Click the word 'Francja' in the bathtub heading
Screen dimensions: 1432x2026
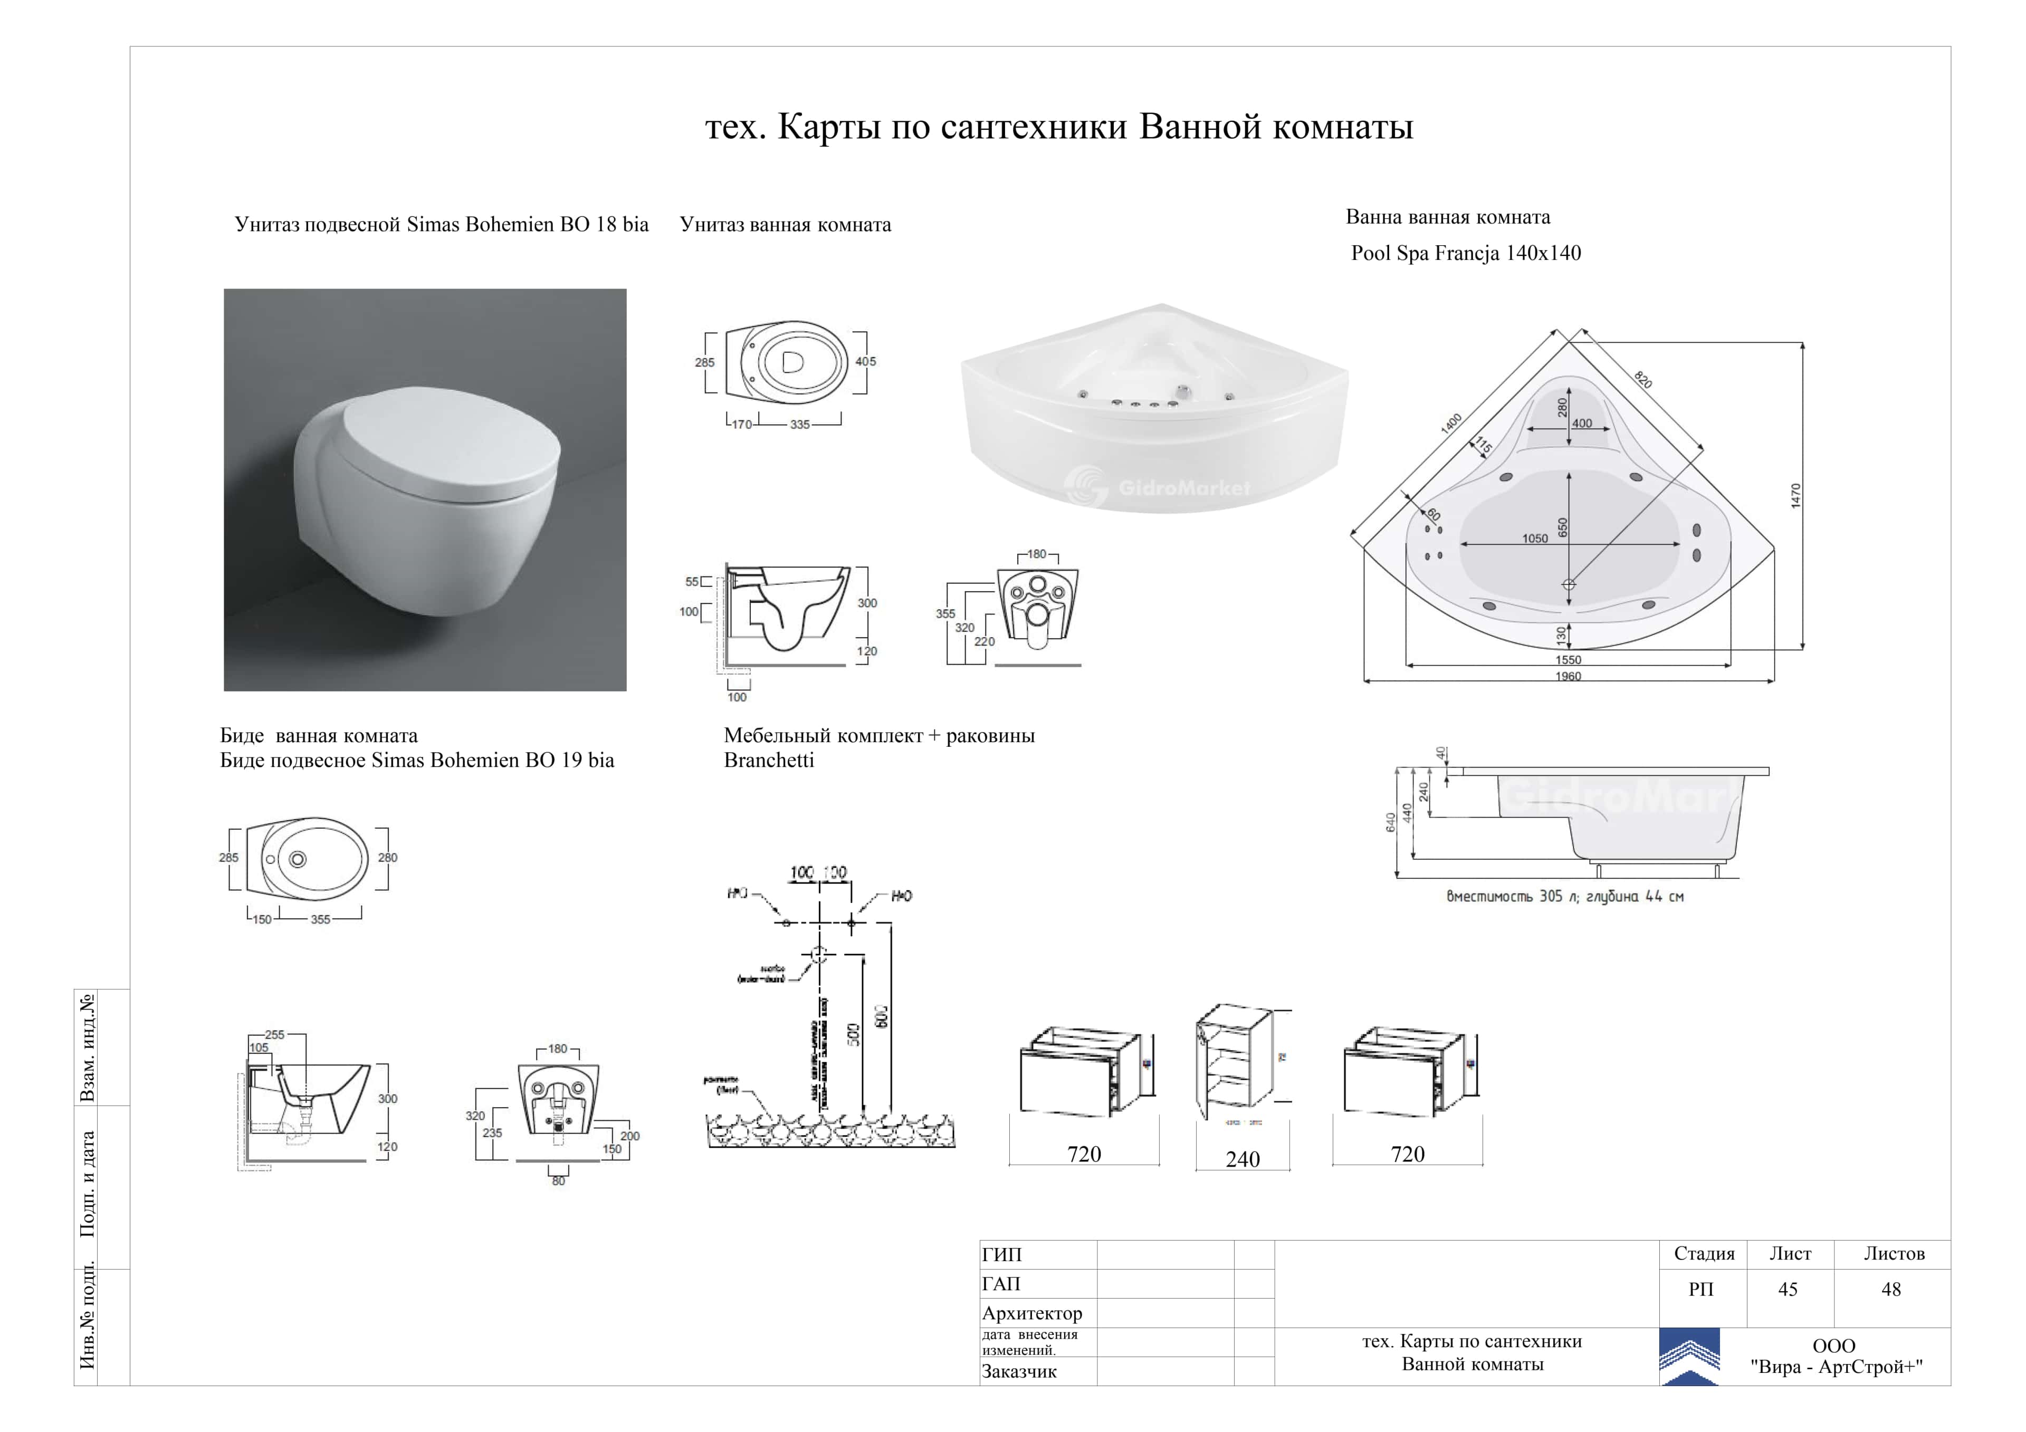coord(1467,253)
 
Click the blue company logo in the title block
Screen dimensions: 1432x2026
coord(1689,1356)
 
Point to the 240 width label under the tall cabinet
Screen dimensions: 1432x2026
coord(1243,1159)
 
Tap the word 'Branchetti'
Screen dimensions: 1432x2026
coord(769,761)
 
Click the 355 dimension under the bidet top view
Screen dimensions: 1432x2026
coord(320,919)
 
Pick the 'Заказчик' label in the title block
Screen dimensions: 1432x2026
coord(1019,1371)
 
